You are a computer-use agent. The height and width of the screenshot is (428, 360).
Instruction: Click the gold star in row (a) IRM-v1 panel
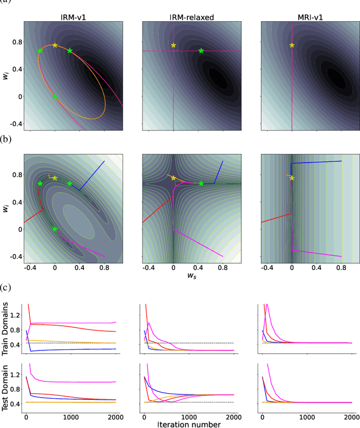click(55, 45)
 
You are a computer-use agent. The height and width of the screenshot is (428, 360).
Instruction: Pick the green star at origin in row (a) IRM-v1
click(55, 96)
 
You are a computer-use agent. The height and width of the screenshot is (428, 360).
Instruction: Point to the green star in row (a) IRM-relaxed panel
click(201, 51)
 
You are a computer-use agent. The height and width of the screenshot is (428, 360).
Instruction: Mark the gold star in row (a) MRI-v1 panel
click(291, 45)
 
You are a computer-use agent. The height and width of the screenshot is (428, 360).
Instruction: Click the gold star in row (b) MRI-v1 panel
click(291, 178)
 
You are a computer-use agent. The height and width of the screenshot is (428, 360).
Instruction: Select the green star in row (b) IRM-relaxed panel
click(201, 183)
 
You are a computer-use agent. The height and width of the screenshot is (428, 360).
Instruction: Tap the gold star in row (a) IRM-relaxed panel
click(173, 45)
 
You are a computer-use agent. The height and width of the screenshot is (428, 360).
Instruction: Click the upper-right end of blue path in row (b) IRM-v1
click(105, 161)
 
